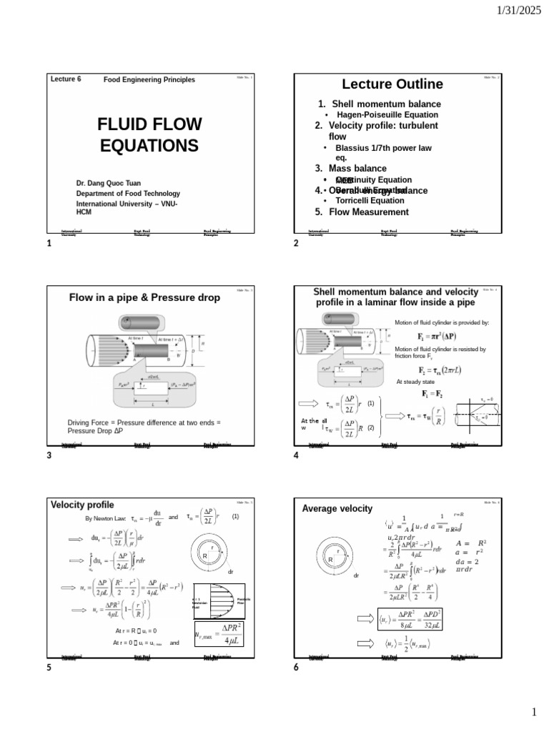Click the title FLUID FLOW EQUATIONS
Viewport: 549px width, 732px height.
[x=149, y=135]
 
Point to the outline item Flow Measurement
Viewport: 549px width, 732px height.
[x=368, y=212]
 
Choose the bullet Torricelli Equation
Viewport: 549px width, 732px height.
[x=370, y=201]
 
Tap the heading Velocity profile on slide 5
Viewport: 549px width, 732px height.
[x=82, y=505]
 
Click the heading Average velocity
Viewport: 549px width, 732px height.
[x=337, y=508]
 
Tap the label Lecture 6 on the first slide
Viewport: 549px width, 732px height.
[x=66, y=79]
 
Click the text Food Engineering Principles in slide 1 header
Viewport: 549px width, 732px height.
[x=149, y=80]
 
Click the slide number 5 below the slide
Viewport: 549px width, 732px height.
[x=49, y=667]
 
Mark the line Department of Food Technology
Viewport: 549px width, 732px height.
[x=128, y=194]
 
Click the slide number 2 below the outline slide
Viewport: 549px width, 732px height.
[x=296, y=244]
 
